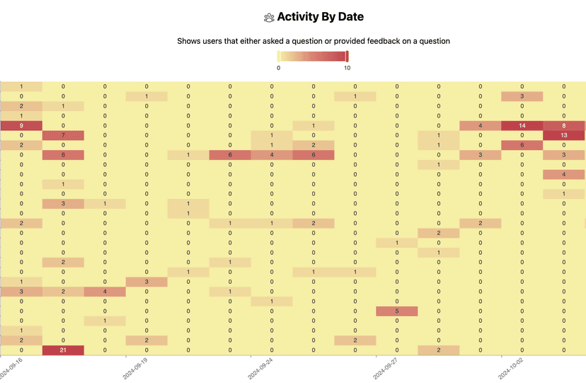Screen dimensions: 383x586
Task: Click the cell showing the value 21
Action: click(63, 350)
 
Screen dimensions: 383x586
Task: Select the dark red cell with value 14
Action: click(522, 125)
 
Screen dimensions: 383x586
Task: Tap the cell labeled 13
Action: click(564, 135)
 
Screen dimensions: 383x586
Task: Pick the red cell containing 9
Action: click(21, 125)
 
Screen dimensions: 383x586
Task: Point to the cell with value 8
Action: click(564, 125)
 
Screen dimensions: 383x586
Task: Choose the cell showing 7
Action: click(63, 135)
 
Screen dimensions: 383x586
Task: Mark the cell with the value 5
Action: click(396, 311)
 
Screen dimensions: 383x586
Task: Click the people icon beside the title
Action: click(268, 17)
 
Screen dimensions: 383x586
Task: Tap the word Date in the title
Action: click(350, 16)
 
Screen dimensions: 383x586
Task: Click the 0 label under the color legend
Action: click(278, 68)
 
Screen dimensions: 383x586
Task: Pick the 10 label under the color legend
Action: click(347, 68)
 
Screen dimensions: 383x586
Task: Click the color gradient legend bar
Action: click(312, 56)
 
